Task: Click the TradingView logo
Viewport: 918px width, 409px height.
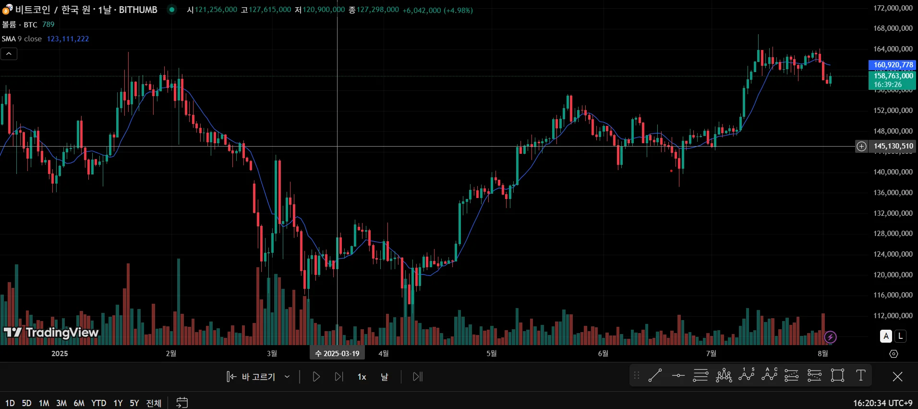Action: click(x=51, y=333)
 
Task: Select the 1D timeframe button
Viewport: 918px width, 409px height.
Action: click(x=10, y=403)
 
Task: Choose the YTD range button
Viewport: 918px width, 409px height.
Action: click(x=98, y=403)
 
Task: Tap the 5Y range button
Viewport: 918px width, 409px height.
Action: click(x=134, y=403)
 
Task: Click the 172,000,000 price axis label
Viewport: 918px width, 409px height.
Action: click(x=893, y=8)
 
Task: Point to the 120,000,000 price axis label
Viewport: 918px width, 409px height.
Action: click(x=893, y=275)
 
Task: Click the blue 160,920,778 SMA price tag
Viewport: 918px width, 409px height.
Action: click(x=893, y=65)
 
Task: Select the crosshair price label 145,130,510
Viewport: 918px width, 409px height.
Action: click(x=893, y=146)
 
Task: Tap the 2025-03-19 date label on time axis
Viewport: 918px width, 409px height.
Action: click(x=337, y=354)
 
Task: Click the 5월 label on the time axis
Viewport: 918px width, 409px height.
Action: click(x=491, y=354)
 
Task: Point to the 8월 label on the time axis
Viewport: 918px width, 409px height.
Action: click(x=822, y=354)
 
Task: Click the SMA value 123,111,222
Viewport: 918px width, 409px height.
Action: click(x=68, y=39)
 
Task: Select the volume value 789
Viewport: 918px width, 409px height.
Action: click(x=48, y=25)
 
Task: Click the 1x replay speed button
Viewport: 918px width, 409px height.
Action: click(x=362, y=377)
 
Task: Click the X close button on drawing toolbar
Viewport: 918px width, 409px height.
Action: click(x=897, y=377)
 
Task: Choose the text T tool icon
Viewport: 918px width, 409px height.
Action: click(x=860, y=375)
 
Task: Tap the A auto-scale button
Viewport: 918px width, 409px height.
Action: click(x=886, y=336)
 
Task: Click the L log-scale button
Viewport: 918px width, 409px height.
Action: click(x=901, y=336)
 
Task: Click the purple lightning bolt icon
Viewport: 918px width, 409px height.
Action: click(x=830, y=337)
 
